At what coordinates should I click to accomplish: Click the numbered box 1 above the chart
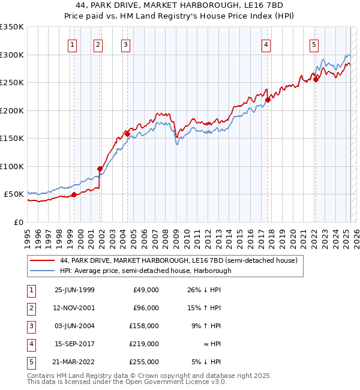[x=72, y=44]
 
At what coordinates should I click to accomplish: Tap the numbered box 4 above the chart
[x=265, y=44]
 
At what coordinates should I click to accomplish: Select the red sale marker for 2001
[x=100, y=169]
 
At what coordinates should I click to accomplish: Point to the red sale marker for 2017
[x=268, y=100]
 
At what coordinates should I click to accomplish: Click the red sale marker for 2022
[x=316, y=79]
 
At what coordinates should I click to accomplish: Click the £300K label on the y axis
[x=11, y=55]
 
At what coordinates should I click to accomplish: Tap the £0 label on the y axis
[x=19, y=222]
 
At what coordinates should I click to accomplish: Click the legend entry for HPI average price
[x=145, y=271]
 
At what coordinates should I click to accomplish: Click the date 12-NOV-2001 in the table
[x=74, y=308]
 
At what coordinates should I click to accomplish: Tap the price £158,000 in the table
[x=146, y=326]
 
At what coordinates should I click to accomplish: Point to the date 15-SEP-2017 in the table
[x=74, y=344]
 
